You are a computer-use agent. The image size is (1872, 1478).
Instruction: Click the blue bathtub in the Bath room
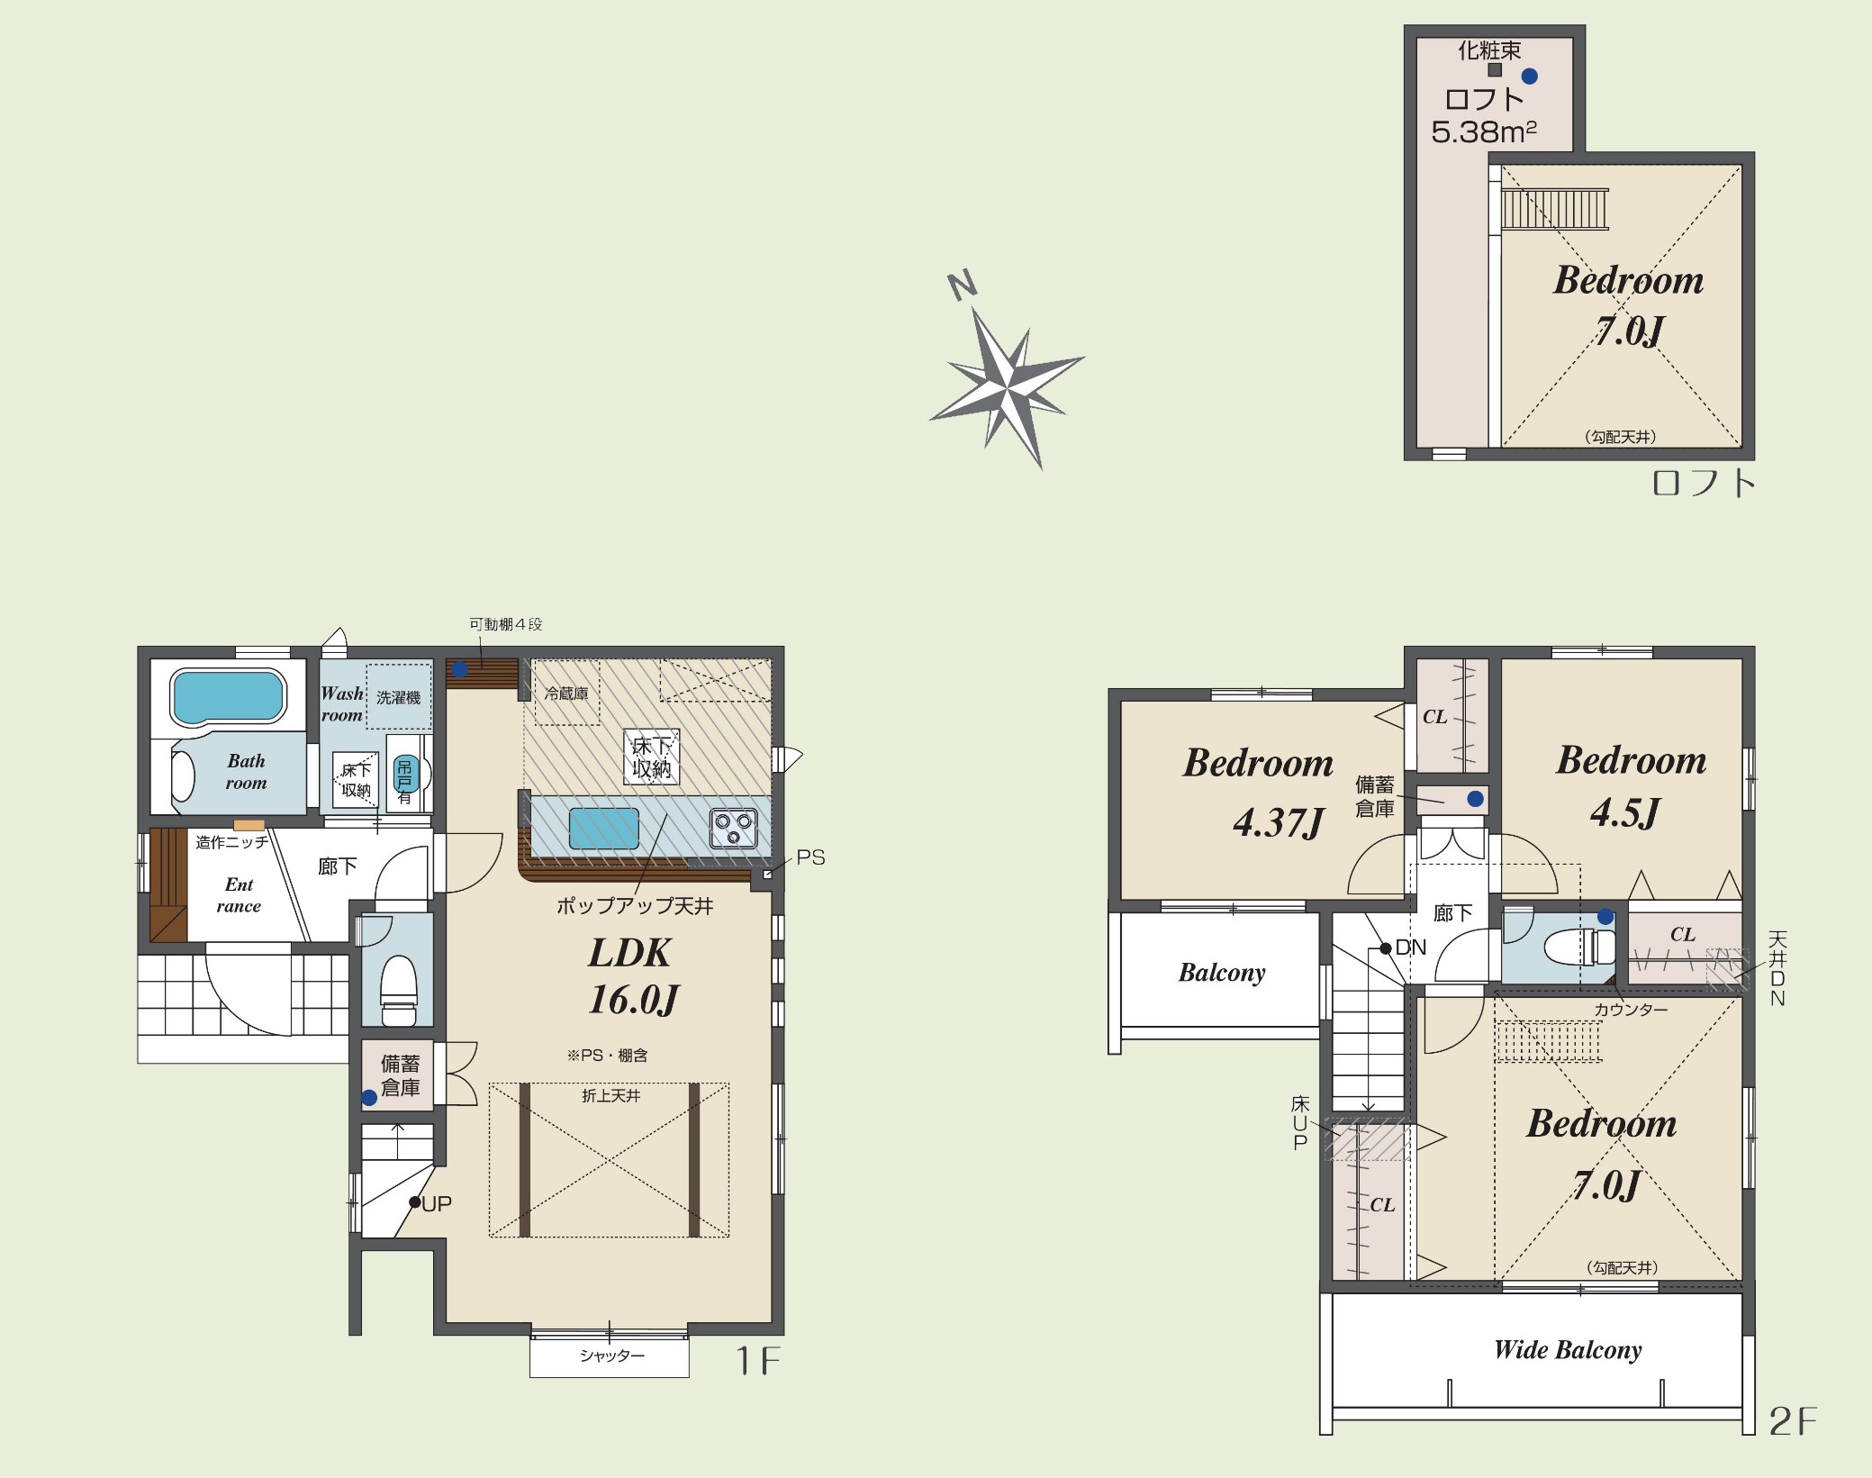pos(228,696)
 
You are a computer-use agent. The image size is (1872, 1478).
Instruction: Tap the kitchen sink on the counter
pos(604,828)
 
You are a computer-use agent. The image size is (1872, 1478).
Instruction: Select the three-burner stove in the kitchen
pos(734,828)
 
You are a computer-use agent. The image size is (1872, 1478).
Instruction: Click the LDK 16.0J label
pos(631,975)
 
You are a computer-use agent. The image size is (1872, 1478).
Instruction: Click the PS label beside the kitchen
pos(810,857)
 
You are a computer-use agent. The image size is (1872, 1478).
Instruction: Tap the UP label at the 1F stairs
pos(437,1203)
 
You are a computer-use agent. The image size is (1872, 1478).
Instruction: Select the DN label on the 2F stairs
pos(1411,948)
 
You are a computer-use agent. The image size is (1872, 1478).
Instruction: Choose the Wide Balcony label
pos(1568,1349)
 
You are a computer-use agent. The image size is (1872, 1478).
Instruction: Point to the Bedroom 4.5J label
pos(1631,786)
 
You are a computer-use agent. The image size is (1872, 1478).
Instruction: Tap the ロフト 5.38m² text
pos(1484,115)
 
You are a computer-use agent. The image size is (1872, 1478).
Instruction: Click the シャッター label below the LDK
pos(612,1356)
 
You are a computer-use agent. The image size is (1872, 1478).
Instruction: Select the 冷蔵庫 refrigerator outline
pos(567,693)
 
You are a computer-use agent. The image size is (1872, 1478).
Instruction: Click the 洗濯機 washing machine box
pos(399,696)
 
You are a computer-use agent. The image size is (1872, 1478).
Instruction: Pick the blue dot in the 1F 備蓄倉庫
pos(369,1098)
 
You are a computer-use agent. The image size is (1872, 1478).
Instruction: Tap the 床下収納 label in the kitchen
pos(651,757)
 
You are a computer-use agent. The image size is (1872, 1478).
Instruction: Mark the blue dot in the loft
pos(1529,77)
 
